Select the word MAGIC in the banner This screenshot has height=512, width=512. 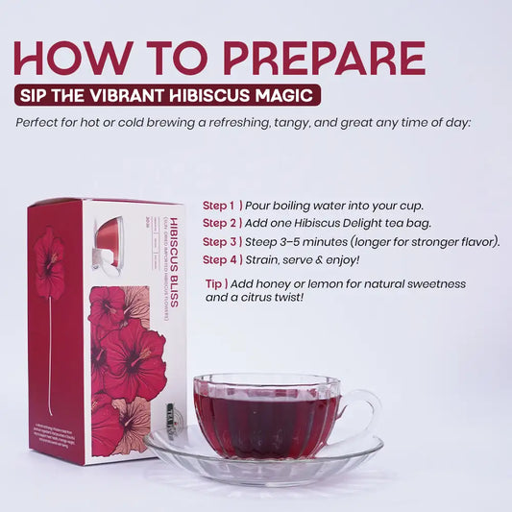pyautogui.click(x=284, y=95)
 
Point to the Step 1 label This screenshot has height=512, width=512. pyautogui.click(x=220, y=207)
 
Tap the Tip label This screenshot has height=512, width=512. pyautogui.click(x=217, y=285)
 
